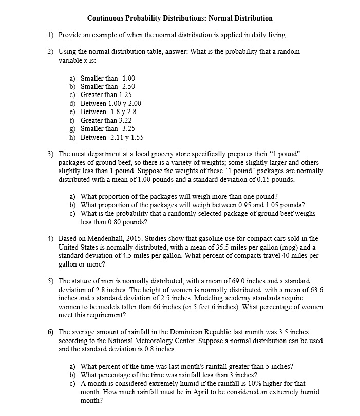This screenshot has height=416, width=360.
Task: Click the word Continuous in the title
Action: (106, 18)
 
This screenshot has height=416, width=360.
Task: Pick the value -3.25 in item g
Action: (126, 128)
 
